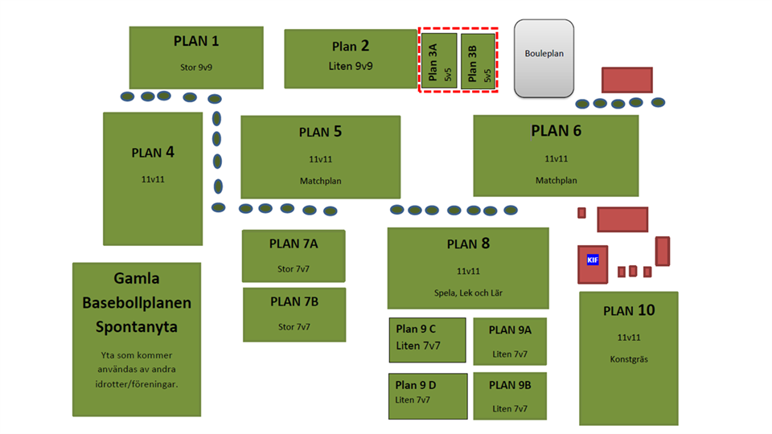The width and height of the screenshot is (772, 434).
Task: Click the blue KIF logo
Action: [593, 260]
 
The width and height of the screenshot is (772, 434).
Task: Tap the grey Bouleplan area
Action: [544, 58]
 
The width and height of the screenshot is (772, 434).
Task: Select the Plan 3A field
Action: [438, 60]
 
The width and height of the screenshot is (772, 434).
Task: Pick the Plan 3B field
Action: [478, 60]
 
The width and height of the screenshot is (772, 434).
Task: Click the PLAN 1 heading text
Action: [196, 41]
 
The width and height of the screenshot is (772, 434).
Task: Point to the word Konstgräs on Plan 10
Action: [628, 359]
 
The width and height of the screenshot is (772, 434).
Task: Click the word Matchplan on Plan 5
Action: [320, 181]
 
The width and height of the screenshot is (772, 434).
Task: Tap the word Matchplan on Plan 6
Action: [556, 181]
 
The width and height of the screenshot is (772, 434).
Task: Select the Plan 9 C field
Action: [427, 340]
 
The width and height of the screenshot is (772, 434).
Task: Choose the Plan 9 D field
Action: [428, 395]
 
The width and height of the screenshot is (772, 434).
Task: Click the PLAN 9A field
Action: [510, 341]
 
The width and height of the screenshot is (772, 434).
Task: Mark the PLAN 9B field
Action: [510, 395]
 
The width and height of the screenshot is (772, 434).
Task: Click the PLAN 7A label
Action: [294, 244]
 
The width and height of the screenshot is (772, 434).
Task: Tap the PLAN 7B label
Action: [294, 302]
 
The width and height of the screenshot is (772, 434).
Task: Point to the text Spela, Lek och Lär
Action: [467, 292]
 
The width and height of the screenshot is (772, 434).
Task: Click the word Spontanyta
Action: [136, 327]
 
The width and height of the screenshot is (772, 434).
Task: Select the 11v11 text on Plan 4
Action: [153, 179]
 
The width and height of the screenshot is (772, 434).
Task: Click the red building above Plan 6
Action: [626, 80]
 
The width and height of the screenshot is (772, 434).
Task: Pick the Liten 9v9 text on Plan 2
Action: [351, 66]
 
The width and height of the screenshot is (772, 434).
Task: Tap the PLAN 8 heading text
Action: [468, 244]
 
